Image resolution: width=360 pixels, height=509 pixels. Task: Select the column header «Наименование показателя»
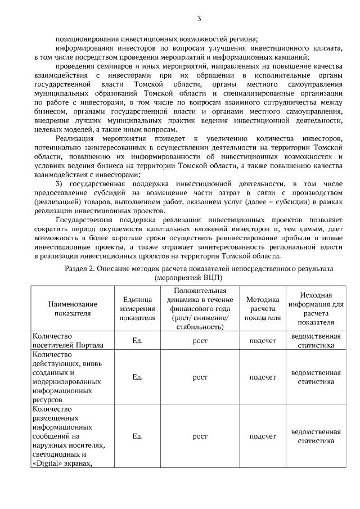69,308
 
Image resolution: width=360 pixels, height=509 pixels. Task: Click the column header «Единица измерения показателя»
137,308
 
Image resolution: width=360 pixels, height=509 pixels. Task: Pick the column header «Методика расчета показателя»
263,308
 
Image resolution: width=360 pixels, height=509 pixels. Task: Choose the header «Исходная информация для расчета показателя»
316,308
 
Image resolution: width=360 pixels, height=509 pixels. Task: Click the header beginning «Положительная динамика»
200,308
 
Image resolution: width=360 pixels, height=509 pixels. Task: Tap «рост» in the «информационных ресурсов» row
200,377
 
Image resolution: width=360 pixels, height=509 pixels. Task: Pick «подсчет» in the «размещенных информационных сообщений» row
263,436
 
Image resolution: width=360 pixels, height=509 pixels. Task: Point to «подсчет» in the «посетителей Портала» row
263,341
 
